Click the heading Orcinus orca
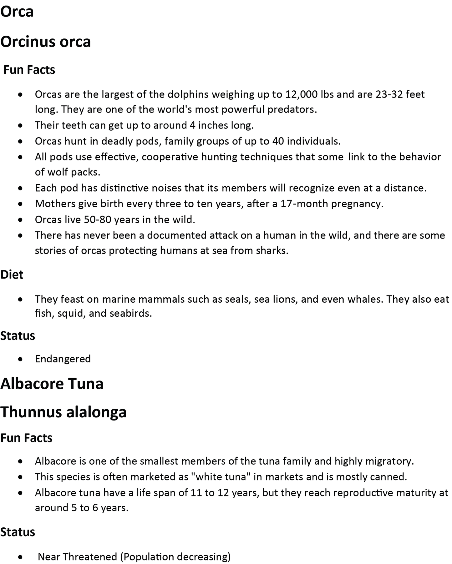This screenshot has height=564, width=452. [x=45, y=42]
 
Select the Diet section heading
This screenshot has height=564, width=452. [x=12, y=274]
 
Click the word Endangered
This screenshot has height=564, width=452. [x=63, y=359]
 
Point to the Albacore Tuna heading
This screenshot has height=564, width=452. [x=52, y=384]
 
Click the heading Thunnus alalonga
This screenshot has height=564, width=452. [x=63, y=412]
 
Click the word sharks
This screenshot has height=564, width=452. [x=272, y=250]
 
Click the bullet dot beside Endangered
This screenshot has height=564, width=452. [x=21, y=359]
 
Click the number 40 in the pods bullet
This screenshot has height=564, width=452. [x=278, y=141]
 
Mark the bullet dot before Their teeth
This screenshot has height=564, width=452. [x=21, y=126]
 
